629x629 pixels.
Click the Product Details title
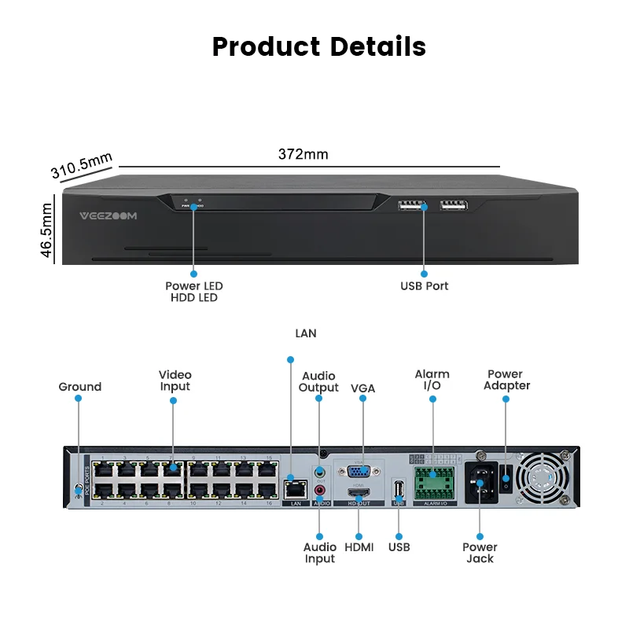point(318,46)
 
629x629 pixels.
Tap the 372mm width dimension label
point(303,154)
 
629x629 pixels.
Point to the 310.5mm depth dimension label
point(82,166)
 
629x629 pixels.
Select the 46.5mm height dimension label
point(46,230)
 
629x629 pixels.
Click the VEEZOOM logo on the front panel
point(109,215)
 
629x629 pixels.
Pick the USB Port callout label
point(424,286)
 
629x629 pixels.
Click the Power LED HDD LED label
point(193,292)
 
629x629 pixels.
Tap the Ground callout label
point(79,387)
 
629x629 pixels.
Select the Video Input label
point(175,381)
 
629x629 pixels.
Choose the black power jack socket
point(480,481)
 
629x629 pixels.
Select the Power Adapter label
point(506,380)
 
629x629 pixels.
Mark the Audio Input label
point(320,553)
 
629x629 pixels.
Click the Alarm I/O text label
point(432,380)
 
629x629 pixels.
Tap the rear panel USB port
point(399,490)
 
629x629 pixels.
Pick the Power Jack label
point(480,553)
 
